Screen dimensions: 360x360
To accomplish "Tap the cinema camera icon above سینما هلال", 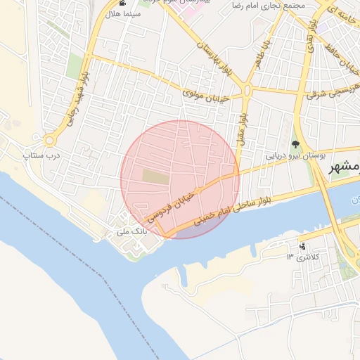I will (x=124, y=4).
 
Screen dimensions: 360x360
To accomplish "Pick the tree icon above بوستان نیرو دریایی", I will (x=295, y=143).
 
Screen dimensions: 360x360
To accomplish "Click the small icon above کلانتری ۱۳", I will (x=302, y=247).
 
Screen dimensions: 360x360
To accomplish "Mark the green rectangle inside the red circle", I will (x=156, y=176).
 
